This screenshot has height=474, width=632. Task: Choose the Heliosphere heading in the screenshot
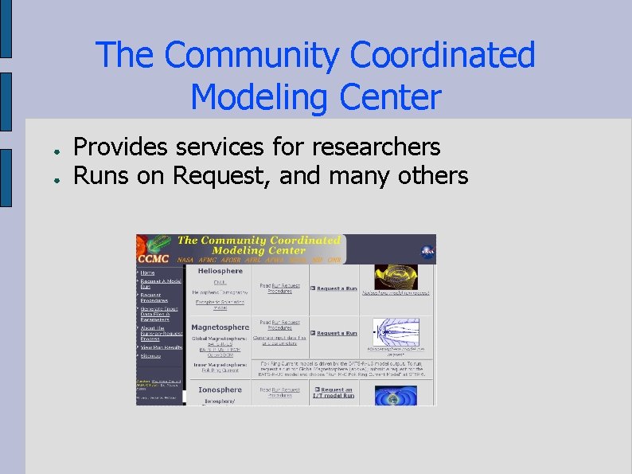220,271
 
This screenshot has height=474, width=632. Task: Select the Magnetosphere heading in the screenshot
220,327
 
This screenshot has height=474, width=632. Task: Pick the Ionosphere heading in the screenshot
220,390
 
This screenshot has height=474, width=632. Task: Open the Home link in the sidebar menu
148,272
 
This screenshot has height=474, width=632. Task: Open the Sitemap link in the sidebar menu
151,355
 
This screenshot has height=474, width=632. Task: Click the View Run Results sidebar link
162,347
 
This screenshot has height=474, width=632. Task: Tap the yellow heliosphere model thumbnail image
396,277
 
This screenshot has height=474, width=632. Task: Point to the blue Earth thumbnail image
396,396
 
